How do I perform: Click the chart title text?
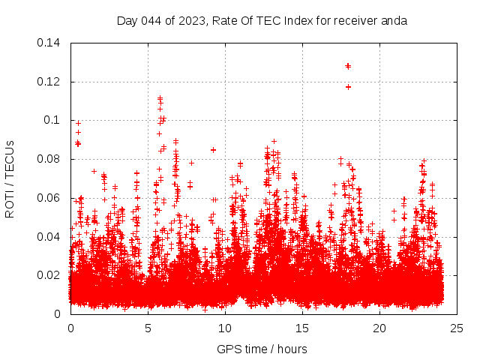pos(262,20)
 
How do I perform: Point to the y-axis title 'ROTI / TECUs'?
pos(10,178)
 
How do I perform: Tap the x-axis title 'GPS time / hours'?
pos(262,349)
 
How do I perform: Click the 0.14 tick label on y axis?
pos(49,43)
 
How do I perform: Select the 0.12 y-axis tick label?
pos(49,82)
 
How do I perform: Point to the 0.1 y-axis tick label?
pos(52,120)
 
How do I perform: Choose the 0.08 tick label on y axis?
pos(49,159)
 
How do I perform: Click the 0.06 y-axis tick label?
pos(49,198)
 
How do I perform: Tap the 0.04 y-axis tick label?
pos(49,237)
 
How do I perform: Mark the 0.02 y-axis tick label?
pos(49,275)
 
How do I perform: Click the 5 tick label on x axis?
pos(148,328)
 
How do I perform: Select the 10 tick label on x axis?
pos(225,328)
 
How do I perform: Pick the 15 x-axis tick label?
pos(302,328)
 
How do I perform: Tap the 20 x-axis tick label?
pos(379,328)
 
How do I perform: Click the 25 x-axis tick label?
pos(457,328)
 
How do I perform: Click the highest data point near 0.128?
pos(348,66)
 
